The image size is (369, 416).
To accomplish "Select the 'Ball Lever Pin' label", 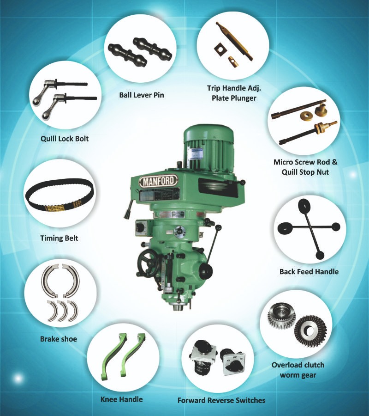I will click(x=142, y=96).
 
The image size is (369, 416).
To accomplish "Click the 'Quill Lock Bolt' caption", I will click(x=64, y=138).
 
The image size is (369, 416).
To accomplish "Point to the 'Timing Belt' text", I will click(x=59, y=239).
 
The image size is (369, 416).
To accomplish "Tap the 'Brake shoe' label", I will click(x=59, y=339).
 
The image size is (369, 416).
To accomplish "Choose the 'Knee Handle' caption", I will click(x=122, y=399).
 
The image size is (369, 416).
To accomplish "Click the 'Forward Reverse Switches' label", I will click(x=221, y=400).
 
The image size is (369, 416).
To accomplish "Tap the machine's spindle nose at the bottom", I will click(x=178, y=306).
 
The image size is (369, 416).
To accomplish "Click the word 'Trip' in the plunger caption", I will click(x=214, y=88).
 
